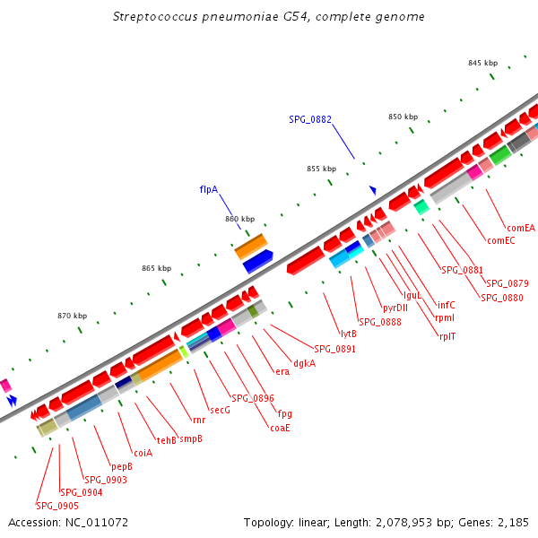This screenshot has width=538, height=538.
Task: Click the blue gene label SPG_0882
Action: (x=310, y=119)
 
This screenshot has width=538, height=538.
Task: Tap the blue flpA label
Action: (x=209, y=190)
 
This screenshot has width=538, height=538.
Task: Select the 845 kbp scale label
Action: (x=482, y=63)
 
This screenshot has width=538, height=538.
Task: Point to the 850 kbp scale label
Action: (x=403, y=117)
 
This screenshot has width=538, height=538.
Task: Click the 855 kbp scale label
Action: (x=321, y=169)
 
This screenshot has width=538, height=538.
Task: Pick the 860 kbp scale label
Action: (x=239, y=219)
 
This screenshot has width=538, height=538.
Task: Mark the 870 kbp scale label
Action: (x=72, y=316)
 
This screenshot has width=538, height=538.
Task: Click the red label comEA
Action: (x=520, y=228)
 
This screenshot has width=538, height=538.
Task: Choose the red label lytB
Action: (x=349, y=334)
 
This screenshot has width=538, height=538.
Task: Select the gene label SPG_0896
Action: (x=253, y=398)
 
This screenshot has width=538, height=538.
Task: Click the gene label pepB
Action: (x=122, y=466)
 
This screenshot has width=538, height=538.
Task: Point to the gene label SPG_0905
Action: (x=57, y=506)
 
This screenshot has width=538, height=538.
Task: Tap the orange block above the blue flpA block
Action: (x=251, y=246)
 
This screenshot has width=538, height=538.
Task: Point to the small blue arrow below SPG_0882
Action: (x=373, y=190)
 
